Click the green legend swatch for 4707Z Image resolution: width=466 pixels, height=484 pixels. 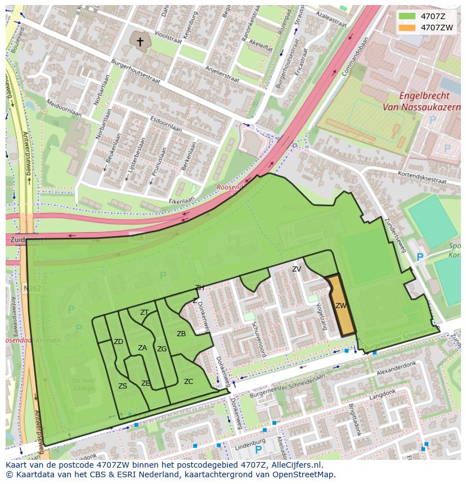[x=407, y=16]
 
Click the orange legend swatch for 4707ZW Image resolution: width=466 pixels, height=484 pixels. [x=407, y=28]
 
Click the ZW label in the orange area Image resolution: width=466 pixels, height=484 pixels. [x=340, y=306]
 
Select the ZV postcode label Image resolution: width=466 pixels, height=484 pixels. [x=297, y=269]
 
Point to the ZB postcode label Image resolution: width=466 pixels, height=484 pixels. [x=181, y=334]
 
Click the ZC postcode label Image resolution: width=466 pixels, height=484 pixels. [x=189, y=382]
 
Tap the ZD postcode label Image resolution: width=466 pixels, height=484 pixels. [x=118, y=342]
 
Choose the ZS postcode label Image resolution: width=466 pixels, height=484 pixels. [x=123, y=386]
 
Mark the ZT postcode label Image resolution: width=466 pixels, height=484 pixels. [x=145, y=313]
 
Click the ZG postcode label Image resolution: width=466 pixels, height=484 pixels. [x=162, y=349]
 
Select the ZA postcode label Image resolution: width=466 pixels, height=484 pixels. [x=142, y=348]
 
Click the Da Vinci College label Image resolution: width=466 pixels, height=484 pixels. [x=83, y=385]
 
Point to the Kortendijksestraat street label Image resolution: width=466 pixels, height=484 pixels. [x=422, y=178]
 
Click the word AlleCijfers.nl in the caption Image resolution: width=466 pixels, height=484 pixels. [x=294, y=465]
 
